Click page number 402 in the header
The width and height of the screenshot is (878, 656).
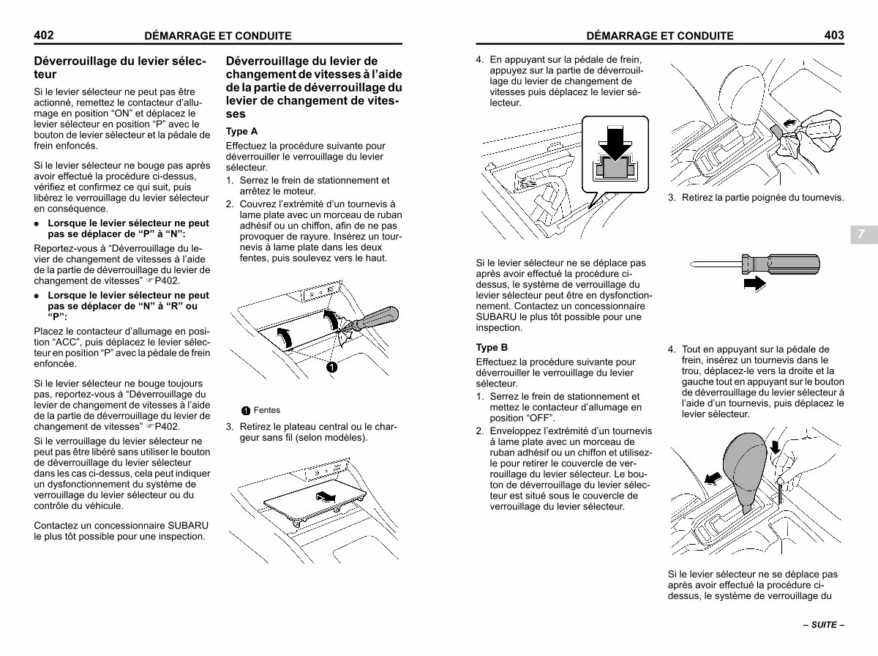(x=44, y=35)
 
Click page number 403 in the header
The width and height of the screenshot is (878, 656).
(x=834, y=35)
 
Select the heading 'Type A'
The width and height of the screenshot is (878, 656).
(x=241, y=131)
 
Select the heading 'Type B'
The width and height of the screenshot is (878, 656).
(x=492, y=347)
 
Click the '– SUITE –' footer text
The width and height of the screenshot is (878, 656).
(x=824, y=625)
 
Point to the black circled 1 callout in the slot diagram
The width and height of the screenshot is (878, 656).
(x=331, y=367)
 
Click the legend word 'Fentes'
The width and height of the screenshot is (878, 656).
(x=267, y=410)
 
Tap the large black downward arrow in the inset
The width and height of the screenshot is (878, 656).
(x=615, y=143)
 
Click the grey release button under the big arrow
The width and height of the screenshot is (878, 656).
(x=615, y=168)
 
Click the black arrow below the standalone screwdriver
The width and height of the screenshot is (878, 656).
(x=755, y=284)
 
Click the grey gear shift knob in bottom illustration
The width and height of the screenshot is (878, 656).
(x=746, y=471)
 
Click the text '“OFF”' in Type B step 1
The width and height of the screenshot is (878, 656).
(x=541, y=418)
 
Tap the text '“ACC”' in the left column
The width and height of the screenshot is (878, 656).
(x=68, y=342)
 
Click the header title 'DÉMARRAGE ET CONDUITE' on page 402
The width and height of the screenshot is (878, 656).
(x=218, y=36)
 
